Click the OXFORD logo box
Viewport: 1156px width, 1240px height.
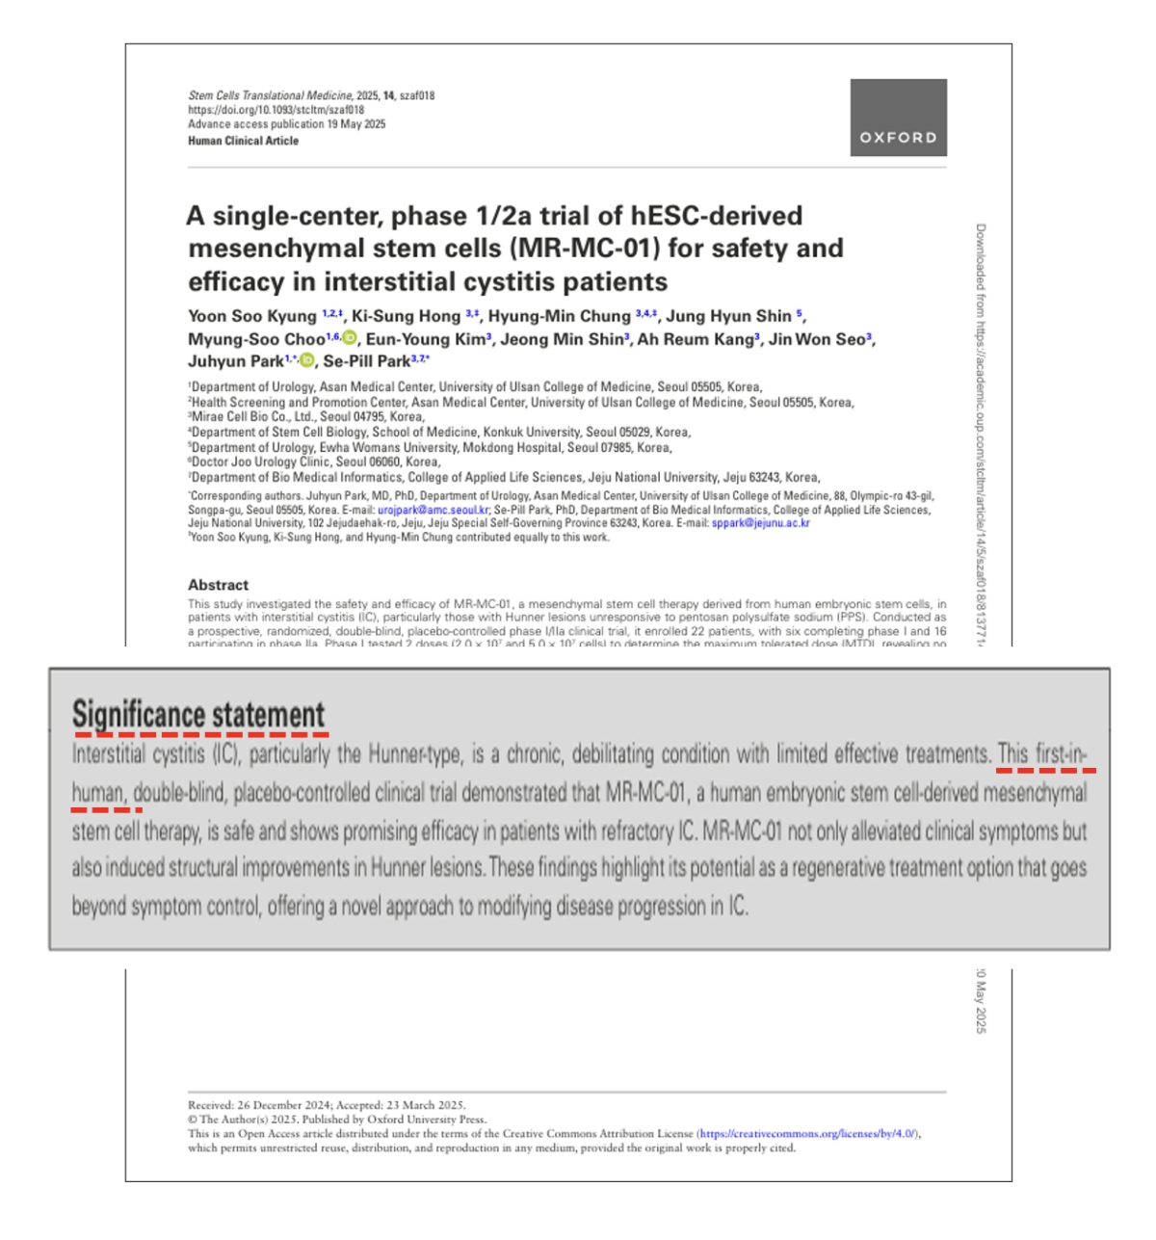898,118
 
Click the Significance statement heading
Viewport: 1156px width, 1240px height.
198,716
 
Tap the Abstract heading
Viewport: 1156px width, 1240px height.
218,585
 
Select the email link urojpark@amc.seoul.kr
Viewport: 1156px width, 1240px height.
433,510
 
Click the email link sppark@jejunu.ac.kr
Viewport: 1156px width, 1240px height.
760,523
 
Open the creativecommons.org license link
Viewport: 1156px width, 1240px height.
808,1134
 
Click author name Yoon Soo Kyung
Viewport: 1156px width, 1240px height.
252,316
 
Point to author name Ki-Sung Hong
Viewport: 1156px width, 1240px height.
406,316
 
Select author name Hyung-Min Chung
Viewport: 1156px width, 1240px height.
559,316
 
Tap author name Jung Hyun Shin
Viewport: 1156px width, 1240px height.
728,316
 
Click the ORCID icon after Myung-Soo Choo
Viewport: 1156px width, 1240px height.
350,338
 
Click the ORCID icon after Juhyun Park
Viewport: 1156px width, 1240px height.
307,361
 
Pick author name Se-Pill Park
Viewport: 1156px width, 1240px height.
367,361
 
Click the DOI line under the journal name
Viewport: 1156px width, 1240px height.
276,110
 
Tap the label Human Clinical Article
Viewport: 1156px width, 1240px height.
243,141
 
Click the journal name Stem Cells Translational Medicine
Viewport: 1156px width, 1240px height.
270,95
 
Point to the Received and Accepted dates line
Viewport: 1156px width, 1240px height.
327,1105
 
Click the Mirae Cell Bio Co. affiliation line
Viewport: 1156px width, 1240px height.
306,417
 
